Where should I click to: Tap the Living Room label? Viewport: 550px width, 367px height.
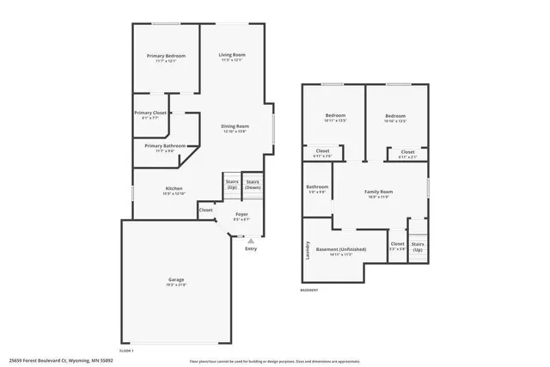[232, 56]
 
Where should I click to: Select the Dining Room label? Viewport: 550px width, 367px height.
[235, 126]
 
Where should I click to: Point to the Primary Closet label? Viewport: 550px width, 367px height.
[150, 113]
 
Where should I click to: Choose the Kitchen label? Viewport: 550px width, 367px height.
[174, 188]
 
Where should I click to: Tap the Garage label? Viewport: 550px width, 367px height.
[176, 280]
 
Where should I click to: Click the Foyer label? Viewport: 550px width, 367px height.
[241, 215]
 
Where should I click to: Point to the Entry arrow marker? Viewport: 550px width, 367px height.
[251, 241]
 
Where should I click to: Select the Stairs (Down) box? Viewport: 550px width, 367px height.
[253, 185]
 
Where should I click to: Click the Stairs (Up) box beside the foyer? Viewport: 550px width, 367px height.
[232, 184]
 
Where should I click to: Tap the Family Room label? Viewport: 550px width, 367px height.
[378, 192]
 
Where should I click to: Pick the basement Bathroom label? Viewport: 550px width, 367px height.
[316, 187]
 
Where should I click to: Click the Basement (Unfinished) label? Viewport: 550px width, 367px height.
[340, 250]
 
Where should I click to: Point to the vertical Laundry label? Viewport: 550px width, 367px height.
[308, 250]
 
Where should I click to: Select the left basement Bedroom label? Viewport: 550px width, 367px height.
[335, 116]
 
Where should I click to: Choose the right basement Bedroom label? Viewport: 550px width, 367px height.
[395, 116]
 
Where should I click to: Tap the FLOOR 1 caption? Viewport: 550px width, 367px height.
[126, 352]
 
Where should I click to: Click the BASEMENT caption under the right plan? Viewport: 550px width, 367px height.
[309, 290]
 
